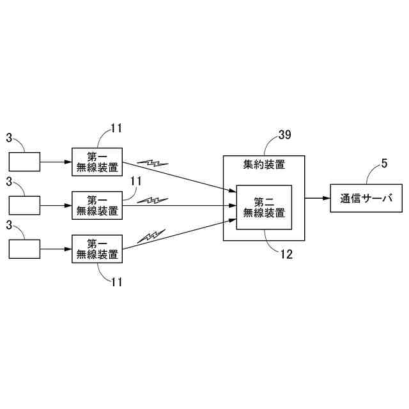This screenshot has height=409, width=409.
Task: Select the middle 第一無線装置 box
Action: click(x=96, y=205)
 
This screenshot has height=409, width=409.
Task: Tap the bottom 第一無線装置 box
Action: click(x=96, y=249)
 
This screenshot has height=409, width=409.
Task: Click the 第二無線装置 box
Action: click(x=264, y=207)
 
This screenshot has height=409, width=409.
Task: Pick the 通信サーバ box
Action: click(x=366, y=199)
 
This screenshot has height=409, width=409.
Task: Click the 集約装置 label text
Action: click(x=264, y=165)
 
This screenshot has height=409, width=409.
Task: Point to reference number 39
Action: click(x=285, y=135)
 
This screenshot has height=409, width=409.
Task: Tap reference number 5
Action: click(x=384, y=163)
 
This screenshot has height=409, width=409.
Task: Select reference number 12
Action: click(x=286, y=254)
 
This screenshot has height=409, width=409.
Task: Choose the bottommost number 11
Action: click(x=116, y=281)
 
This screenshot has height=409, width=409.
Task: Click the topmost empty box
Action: click(x=24, y=162)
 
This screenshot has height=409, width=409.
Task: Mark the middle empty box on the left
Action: click(x=24, y=205)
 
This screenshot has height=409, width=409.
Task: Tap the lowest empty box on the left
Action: click(x=24, y=249)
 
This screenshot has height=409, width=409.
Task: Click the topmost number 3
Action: click(x=9, y=137)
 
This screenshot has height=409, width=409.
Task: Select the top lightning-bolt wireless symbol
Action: click(x=153, y=163)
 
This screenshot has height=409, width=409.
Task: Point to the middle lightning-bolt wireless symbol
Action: click(x=153, y=200)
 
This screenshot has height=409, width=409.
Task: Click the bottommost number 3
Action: click(x=9, y=225)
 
